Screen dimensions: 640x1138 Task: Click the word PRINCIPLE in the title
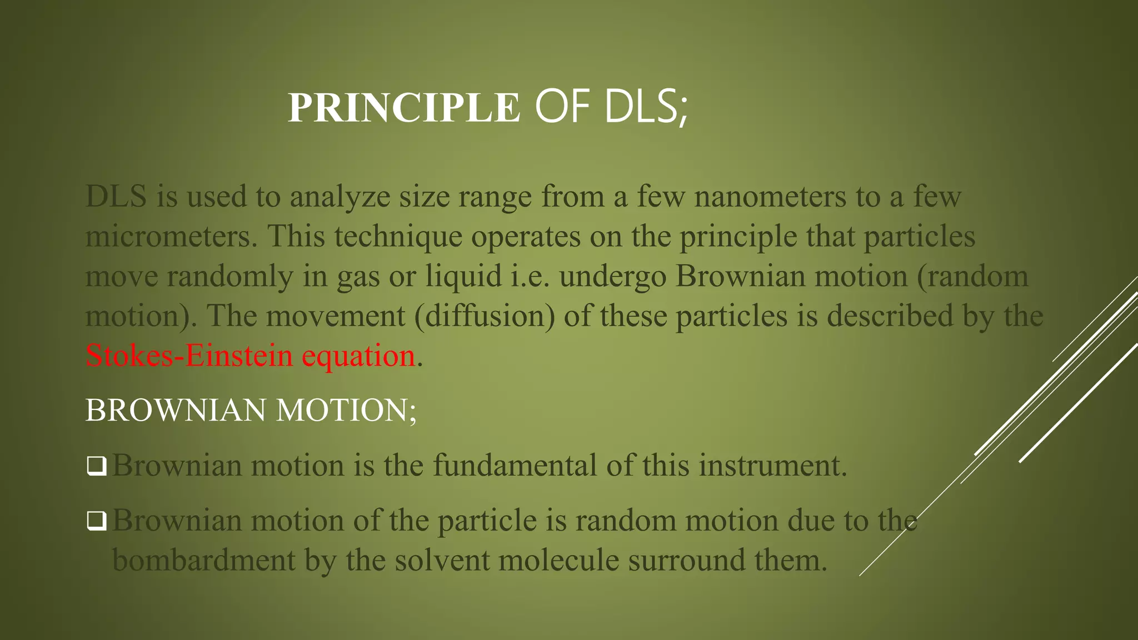[x=404, y=107]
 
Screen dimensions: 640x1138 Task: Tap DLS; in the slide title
[x=646, y=107]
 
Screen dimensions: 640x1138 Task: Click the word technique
[x=398, y=237]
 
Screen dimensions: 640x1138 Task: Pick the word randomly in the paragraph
[x=229, y=277]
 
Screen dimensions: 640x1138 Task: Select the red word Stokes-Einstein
[x=189, y=356]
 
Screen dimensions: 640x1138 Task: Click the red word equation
[x=358, y=356]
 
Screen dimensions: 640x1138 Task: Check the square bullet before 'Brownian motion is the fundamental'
[x=97, y=466]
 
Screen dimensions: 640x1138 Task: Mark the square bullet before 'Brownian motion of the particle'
[x=97, y=521]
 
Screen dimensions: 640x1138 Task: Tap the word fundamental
[x=515, y=466]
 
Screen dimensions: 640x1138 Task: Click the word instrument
[x=772, y=466]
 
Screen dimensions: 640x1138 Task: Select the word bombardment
[x=203, y=560]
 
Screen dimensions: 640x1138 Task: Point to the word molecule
[x=558, y=560]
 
